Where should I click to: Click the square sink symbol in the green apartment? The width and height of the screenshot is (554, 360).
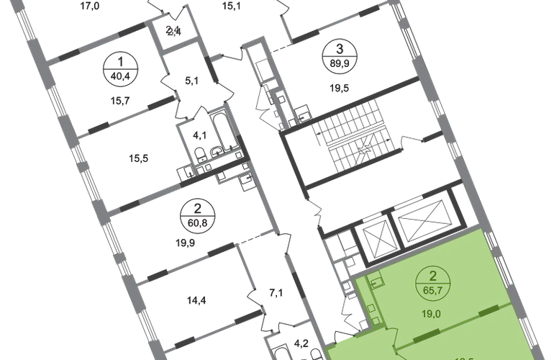click(373, 281)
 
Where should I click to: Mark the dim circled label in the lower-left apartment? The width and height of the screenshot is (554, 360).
click(196, 213)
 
